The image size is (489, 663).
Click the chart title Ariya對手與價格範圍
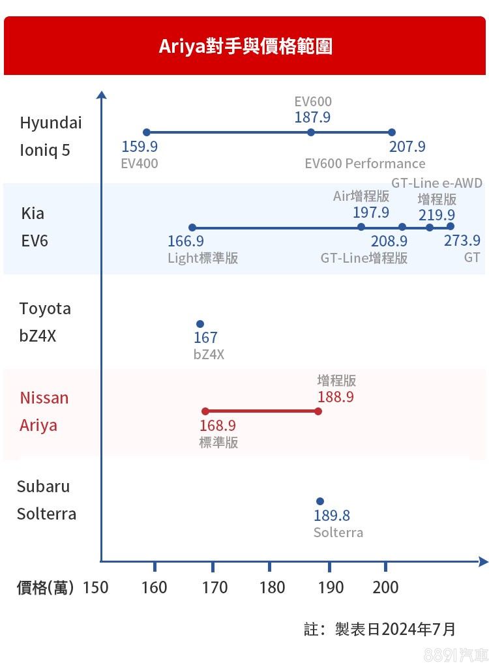coord(245,46)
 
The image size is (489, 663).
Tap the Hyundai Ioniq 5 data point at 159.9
coord(146,132)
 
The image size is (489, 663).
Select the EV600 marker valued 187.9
coord(311,132)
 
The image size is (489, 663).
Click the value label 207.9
coord(407,147)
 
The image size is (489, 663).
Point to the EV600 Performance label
coord(365,163)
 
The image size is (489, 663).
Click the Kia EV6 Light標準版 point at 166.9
coord(192,228)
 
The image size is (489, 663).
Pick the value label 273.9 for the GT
coord(462,241)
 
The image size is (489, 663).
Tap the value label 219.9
coord(437,214)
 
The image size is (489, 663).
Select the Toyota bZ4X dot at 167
coord(200,324)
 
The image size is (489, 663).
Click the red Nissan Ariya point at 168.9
coord(205,411)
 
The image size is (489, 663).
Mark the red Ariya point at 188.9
coord(318,411)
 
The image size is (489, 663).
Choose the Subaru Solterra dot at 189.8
coord(319,501)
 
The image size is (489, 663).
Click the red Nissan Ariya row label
coord(44,411)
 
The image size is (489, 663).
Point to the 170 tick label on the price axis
coord(215,587)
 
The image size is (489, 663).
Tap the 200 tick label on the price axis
coord(385,587)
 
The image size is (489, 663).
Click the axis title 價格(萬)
coord(44,587)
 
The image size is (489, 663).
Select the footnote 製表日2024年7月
coord(394,629)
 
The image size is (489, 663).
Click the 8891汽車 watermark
coord(454,654)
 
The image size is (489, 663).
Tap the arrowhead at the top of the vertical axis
coord(101,95)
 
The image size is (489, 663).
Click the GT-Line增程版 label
coord(364,258)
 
